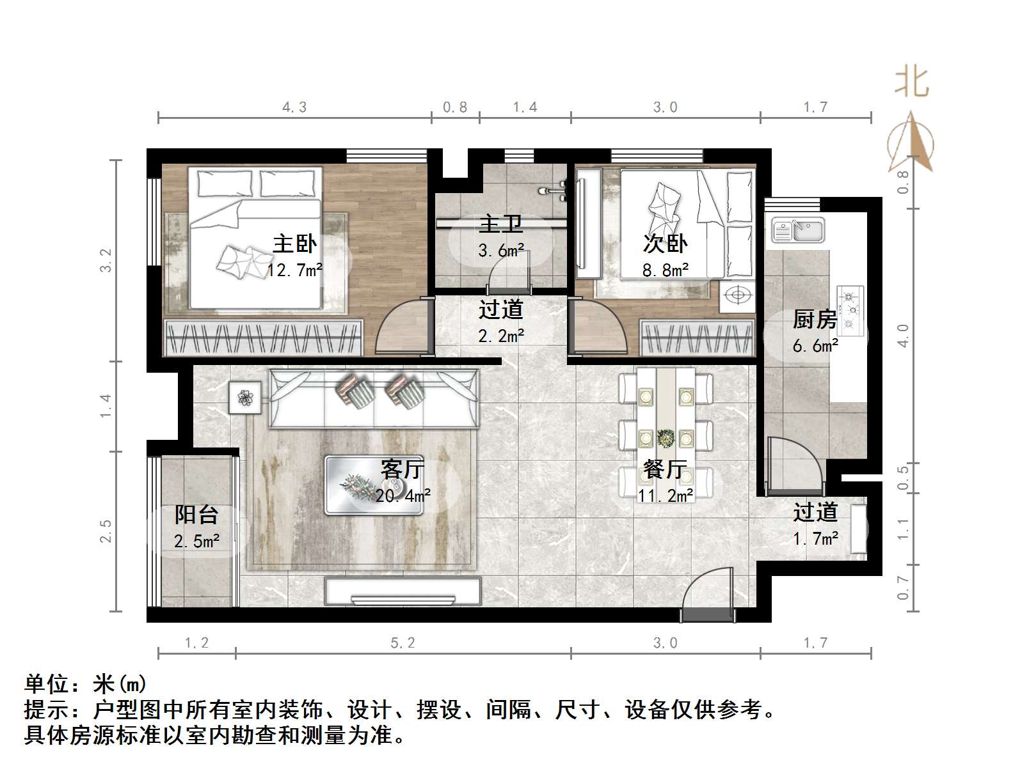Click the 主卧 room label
pyautogui.click(x=294, y=244)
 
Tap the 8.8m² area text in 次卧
pyautogui.click(x=665, y=270)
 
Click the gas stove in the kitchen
pyautogui.click(x=850, y=311)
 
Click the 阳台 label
pyautogui.click(x=196, y=515)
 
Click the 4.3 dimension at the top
pyautogui.click(x=294, y=107)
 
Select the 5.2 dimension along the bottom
pyautogui.click(x=403, y=643)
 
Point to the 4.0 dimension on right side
pyautogui.click(x=903, y=335)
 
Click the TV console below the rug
pyautogui.click(x=403, y=591)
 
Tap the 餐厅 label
pyautogui.click(x=665, y=469)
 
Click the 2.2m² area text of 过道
pyautogui.click(x=501, y=336)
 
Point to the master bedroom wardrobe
pyautogui.click(x=263, y=337)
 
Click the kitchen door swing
pyautogui.click(x=794, y=465)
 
